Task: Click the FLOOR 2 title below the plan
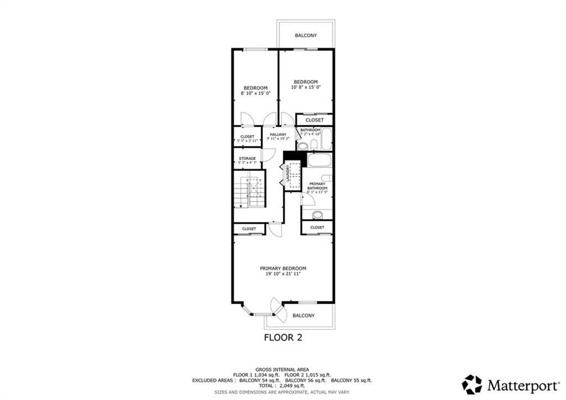tap(282, 337)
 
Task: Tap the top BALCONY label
tap(306, 35)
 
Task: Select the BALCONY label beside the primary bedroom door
tap(303, 315)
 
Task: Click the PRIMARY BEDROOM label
tap(283, 268)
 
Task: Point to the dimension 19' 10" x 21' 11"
tap(283, 274)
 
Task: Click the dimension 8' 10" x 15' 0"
tap(256, 93)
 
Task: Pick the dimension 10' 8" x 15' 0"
tap(306, 87)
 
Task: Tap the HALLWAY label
tap(278, 134)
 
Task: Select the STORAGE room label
tap(247, 159)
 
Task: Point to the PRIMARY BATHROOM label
tap(317, 186)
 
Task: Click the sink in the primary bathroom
tap(317, 215)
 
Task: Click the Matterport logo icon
tap(472, 384)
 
